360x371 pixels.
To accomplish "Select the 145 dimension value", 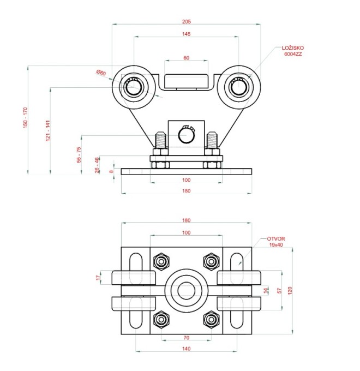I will (187, 35).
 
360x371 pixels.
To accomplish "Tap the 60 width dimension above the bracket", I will (187, 57).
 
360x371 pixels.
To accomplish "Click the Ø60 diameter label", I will (100, 72).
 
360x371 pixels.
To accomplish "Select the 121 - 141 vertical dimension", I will (47, 131).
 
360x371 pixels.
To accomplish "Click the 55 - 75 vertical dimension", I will (79, 154).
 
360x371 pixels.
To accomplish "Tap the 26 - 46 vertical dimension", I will (97, 165).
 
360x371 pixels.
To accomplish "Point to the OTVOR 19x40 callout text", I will (276, 242).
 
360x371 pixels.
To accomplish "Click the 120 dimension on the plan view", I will (298, 290).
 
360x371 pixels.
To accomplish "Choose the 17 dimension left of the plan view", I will (99, 278).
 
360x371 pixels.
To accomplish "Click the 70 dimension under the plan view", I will (186, 339).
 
